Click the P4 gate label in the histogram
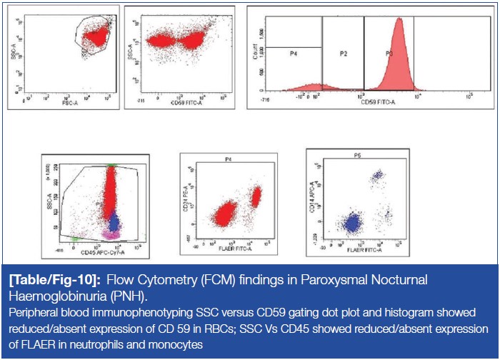[x=293, y=54]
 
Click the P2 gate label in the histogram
[x=343, y=54]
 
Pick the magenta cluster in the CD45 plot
[x=112, y=233]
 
